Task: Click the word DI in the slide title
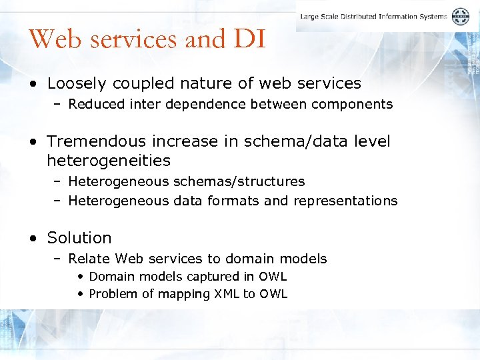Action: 250,39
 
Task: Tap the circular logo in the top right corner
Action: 461,17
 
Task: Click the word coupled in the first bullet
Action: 131,84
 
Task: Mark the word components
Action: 359,104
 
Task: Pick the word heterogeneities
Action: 109,161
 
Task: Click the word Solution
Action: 79,238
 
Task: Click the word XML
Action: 227,294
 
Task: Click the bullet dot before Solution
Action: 33,239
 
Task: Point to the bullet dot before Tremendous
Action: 33,142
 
